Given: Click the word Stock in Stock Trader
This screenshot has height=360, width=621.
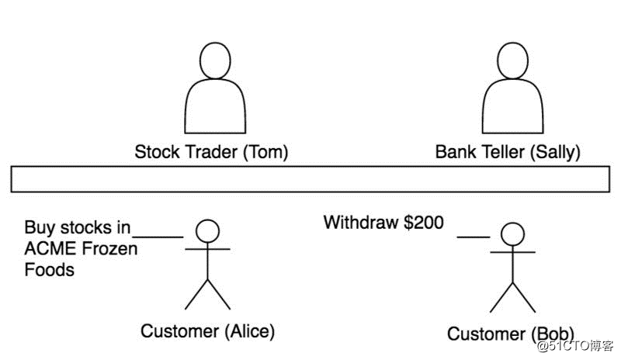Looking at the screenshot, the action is coord(158,152).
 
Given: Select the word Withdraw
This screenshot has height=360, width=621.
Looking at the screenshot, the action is coord(361,222).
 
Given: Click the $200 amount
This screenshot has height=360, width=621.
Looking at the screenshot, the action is coord(423,222).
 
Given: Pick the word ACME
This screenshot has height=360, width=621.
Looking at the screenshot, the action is coord(50,249).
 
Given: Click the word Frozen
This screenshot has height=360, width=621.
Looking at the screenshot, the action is coord(109,249).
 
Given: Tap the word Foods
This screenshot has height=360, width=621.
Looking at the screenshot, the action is coord(49,270).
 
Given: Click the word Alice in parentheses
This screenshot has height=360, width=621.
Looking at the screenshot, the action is coord(250,331).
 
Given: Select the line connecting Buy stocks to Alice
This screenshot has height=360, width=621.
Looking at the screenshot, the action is coord(158,237).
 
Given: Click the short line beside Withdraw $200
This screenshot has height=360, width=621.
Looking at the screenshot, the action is coord(474,237).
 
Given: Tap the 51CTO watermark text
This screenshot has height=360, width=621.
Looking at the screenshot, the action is coord(574,346).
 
